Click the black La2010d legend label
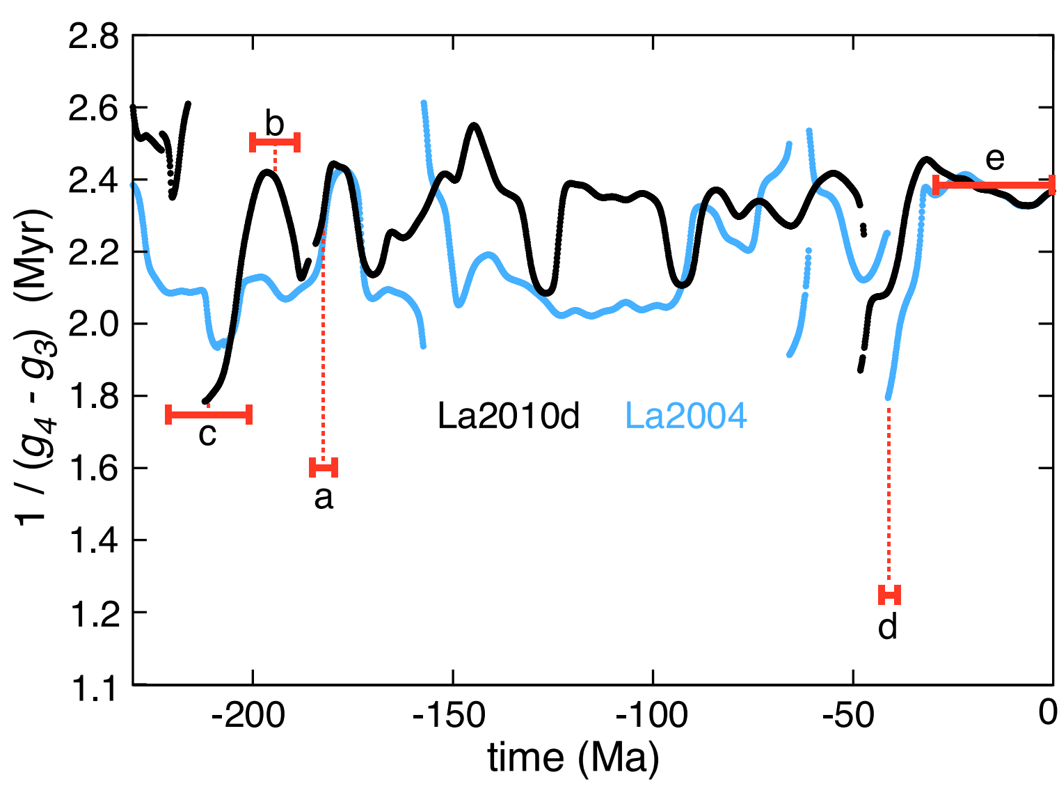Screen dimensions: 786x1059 [x=508, y=416]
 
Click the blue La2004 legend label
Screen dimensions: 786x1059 [x=686, y=416]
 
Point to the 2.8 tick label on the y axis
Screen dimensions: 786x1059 [x=93, y=37]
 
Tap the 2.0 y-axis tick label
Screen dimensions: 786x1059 [x=93, y=324]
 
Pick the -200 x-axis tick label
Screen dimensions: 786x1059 [x=248, y=714]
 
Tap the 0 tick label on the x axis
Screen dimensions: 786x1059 [x=1047, y=713]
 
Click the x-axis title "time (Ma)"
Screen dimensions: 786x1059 [x=573, y=757]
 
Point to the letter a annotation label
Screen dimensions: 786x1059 [x=324, y=497]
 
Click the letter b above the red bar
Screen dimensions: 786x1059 [x=275, y=124]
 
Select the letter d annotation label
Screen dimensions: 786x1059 [x=888, y=627]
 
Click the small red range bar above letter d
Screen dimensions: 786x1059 [x=889, y=595]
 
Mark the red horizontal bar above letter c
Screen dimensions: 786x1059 [x=209, y=415]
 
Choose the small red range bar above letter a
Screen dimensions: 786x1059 [x=324, y=466]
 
